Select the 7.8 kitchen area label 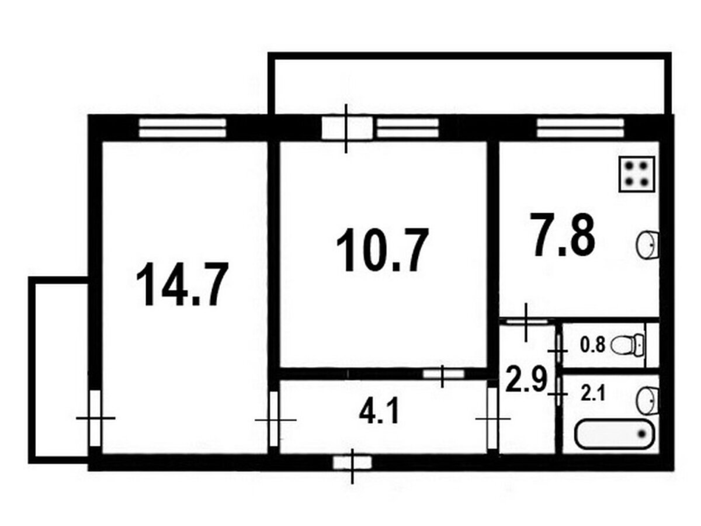coord(563,235)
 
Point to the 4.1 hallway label coord(379,413)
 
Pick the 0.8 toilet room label coord(592,345)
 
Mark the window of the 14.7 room coord(183,128)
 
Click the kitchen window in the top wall coord(580,128)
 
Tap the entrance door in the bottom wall coord(352,462)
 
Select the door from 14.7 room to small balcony coord(95,418)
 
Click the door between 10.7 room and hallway coord(443,373)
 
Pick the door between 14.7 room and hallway coord(274,418)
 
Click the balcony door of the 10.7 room coord(347,128)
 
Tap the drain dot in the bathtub coord(641,434)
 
